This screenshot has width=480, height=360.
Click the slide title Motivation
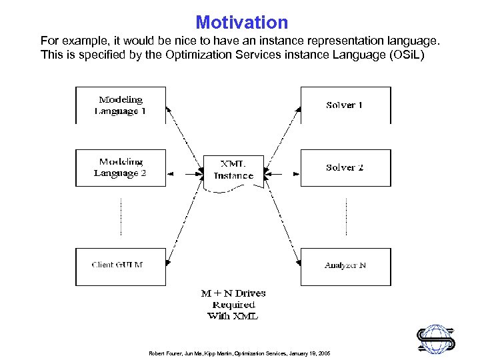click(x=241, y=23)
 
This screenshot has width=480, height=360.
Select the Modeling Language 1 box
click(x=121, y=105)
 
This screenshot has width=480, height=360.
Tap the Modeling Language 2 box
click(x=121, y=167)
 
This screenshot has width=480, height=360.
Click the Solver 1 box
click(x=345, y=105)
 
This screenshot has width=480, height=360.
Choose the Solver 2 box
click(x=345, y=167)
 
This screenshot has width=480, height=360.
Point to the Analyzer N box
click(x=345, y=266)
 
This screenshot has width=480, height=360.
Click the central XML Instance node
click(x=233, y=171)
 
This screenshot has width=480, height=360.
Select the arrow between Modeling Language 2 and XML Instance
click(x=185, y=173)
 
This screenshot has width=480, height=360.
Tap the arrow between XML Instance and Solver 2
click(x=283, y=173)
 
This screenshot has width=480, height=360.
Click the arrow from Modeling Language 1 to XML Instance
click(x=184, y=137)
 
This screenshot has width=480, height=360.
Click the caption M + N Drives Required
click(x=233, y=304)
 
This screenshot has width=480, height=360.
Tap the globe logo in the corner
click(x=437, y=337)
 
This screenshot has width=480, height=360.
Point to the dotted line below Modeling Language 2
click(x=121, y=217)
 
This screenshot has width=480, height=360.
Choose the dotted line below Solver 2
click(x=347, y=217)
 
